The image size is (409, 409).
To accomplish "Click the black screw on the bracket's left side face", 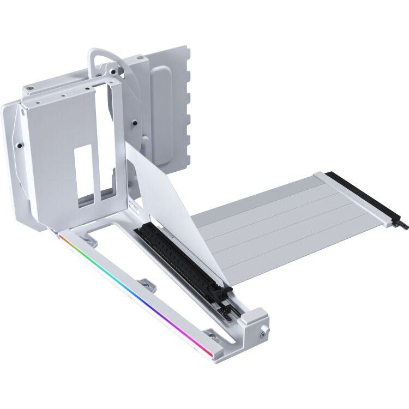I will (x=19, y=146).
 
